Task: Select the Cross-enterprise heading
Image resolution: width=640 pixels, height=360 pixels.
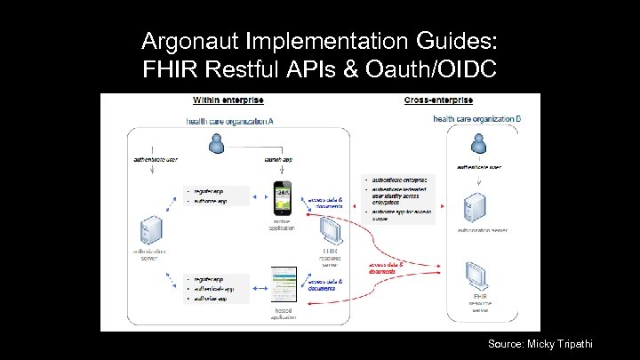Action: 438,100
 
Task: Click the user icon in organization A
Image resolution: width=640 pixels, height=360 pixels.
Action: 214,144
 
